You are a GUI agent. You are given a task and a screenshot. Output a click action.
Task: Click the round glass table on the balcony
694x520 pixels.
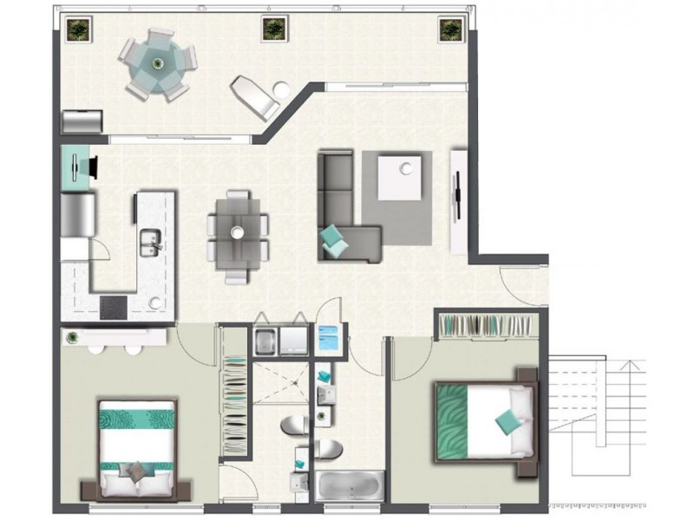(x=157, y=62)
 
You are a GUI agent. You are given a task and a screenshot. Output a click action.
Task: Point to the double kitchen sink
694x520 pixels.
(x=149, y=240)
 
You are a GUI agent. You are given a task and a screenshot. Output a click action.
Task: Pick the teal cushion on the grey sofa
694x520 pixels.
(x=332, y=237)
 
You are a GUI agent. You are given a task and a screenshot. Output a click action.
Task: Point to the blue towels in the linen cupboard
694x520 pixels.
(x=329, y=337)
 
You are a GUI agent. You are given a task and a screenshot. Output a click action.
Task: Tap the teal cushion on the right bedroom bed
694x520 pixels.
(x=507, y=422)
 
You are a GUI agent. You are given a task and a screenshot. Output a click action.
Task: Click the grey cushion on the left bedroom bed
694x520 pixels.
(x=134, y=472)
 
